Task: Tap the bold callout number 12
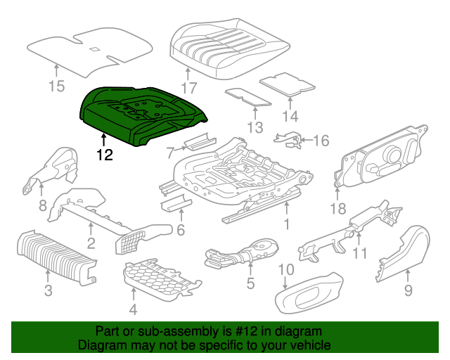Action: click(x=105, y=155)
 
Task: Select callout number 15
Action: click(x=56, y=86)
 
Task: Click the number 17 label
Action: click(x=189, y=88)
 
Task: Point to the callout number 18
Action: click(x=338, y=208)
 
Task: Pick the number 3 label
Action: click(x=49, y=290)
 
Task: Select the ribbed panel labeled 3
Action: click(x=57, y=257)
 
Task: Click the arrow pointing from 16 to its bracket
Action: click(x=306, y=140)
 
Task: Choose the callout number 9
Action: click(x=408, y=290)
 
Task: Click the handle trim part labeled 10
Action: click(x=309, y=292)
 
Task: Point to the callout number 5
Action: click(x=250, y=283)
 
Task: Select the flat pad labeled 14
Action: click(x=288, y=84)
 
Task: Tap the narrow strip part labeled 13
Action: click(x=247, y=97)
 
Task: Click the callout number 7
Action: click(x=170, y=153)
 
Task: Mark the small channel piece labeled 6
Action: click(x=176, y=203)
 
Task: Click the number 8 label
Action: click(x=42, y=205)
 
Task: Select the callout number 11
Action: click(x=359, y=253)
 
